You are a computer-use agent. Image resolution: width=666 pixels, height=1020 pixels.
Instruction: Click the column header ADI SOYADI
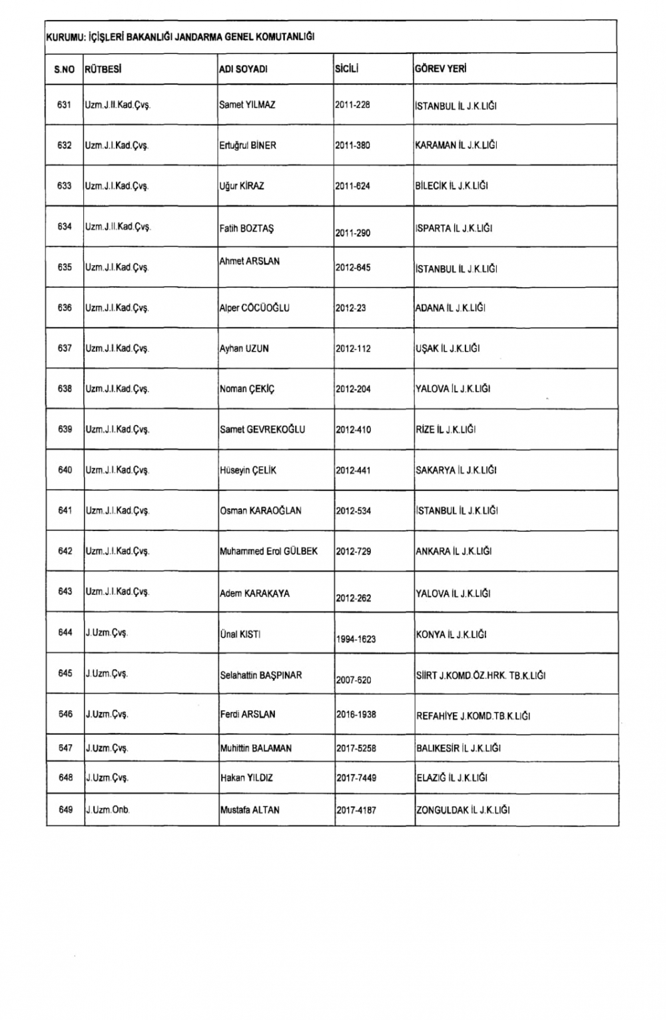tap(243, 69)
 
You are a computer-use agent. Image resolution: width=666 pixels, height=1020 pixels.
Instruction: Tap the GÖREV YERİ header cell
tap(440, 69)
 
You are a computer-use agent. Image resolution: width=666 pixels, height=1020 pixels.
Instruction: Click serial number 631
tap(65, 105)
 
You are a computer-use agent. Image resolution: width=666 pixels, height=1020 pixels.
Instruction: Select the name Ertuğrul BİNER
tap(248, 145)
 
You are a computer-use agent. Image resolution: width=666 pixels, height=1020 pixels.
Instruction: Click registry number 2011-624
tap(353, 186)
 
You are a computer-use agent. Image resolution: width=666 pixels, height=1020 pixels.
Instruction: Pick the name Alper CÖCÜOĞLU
tap(254, 308)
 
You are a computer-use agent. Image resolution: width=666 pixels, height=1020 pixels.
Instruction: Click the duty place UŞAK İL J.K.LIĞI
tap(448, 348)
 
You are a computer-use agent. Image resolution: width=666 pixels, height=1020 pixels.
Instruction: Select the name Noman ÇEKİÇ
tap(246, 389)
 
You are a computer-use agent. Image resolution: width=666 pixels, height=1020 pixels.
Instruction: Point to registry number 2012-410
tap(353, 430)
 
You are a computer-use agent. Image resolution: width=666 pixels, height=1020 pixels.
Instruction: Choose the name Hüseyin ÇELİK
tap(248, 470)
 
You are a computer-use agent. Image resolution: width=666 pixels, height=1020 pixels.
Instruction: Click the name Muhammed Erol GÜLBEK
tap(268, 552)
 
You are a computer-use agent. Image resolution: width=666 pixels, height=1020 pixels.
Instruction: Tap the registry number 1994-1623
tap(356, 639)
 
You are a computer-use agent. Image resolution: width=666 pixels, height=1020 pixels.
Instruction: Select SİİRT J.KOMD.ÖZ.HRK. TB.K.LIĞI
tap(481, 676)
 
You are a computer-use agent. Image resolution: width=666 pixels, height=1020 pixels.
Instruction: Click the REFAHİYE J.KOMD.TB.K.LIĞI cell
tap(473, 716)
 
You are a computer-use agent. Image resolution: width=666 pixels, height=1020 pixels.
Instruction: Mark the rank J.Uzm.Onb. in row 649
tap(108, 810)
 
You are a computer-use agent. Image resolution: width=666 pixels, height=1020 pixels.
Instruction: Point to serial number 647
tap(65, 748)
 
